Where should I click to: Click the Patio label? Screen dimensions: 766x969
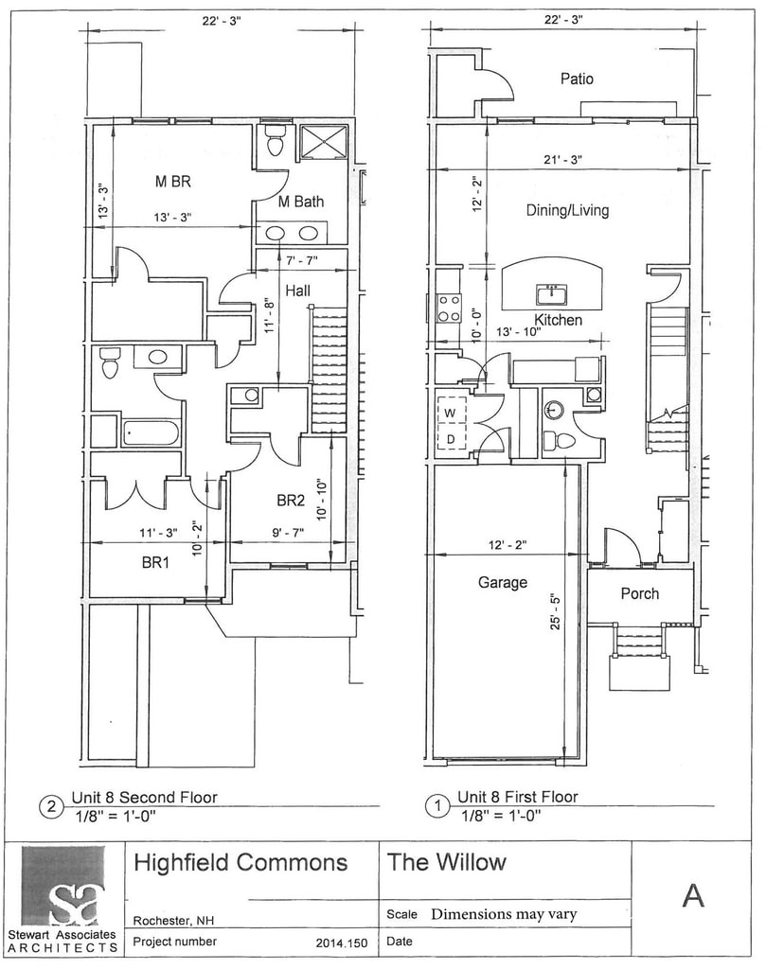coord(577,79)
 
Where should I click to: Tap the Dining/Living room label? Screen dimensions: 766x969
coord(567,210)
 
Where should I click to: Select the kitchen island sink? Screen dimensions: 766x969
coord(551,295)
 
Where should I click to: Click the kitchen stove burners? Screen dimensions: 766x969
coord(449,308)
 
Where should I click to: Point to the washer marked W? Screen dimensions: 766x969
coord(452,413)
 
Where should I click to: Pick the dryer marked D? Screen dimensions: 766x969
coord(452,439)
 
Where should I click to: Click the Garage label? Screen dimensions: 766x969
coord(502,582)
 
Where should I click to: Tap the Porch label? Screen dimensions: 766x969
coord(639,593)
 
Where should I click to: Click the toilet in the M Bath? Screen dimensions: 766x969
coord(274,141)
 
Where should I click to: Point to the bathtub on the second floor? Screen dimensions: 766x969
coord(151,432)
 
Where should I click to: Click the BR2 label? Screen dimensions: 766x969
coord(291,500)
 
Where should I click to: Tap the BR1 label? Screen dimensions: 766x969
coord(155,562)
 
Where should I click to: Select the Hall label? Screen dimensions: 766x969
coord(297,291)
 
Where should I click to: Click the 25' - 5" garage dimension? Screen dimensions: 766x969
coord(555,611)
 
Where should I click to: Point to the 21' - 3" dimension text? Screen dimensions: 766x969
coord(562,159)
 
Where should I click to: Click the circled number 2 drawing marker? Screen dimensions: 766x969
coord(51,806)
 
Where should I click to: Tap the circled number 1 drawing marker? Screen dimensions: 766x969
coord(437,806)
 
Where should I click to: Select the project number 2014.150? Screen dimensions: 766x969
coord(341,943)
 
